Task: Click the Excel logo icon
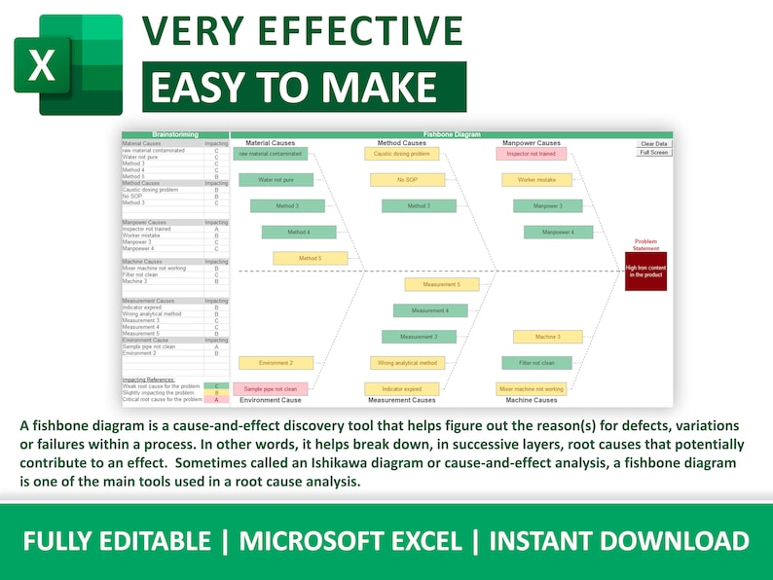[x=67, y=65]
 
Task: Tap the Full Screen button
[x=653, y=153]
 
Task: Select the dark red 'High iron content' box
[x=645, y=272]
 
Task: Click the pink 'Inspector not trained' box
[x=532, y=154]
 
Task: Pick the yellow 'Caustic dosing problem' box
[x=401, y=154]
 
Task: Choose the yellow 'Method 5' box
[x=310, y=258]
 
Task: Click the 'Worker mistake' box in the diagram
[x=536, y=180]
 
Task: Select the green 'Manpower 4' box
[x=558, y=233]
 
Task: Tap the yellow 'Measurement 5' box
[x=441, y=284]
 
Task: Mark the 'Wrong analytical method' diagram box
[x=407, y=363]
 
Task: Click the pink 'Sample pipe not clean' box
[x=271, y=388]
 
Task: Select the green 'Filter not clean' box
[x=536, y=363]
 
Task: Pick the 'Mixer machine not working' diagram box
[x=532, y=388]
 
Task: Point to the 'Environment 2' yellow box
[x=276, y=363]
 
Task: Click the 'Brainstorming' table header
[x=175, y=134]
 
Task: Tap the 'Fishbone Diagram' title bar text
[x=451, y=134]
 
